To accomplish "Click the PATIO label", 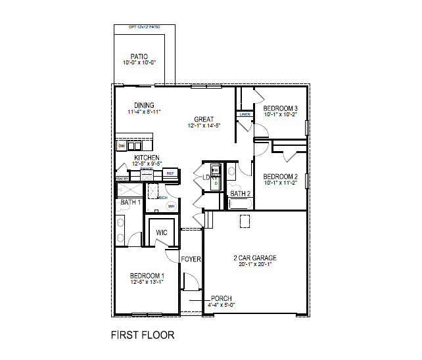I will point(139,56).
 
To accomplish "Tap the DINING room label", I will point(144,105).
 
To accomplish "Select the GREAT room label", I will point(204,120).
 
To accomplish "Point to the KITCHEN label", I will point(147,158).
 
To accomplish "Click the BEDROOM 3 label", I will point(281,108).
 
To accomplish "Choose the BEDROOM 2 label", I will point(281,177).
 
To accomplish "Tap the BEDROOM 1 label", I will point(147,276).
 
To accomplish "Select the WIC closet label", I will point(161,232).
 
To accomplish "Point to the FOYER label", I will point(191,259).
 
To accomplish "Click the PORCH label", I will point(222,298).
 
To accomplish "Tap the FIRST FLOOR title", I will point(143,335).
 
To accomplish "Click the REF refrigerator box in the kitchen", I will point(170,173).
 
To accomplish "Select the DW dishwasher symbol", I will point(122,145).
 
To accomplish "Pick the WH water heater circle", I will point(172,206).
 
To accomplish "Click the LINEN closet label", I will point(245,114).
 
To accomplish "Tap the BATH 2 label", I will point(240,194).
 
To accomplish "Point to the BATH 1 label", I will point(129,202).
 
